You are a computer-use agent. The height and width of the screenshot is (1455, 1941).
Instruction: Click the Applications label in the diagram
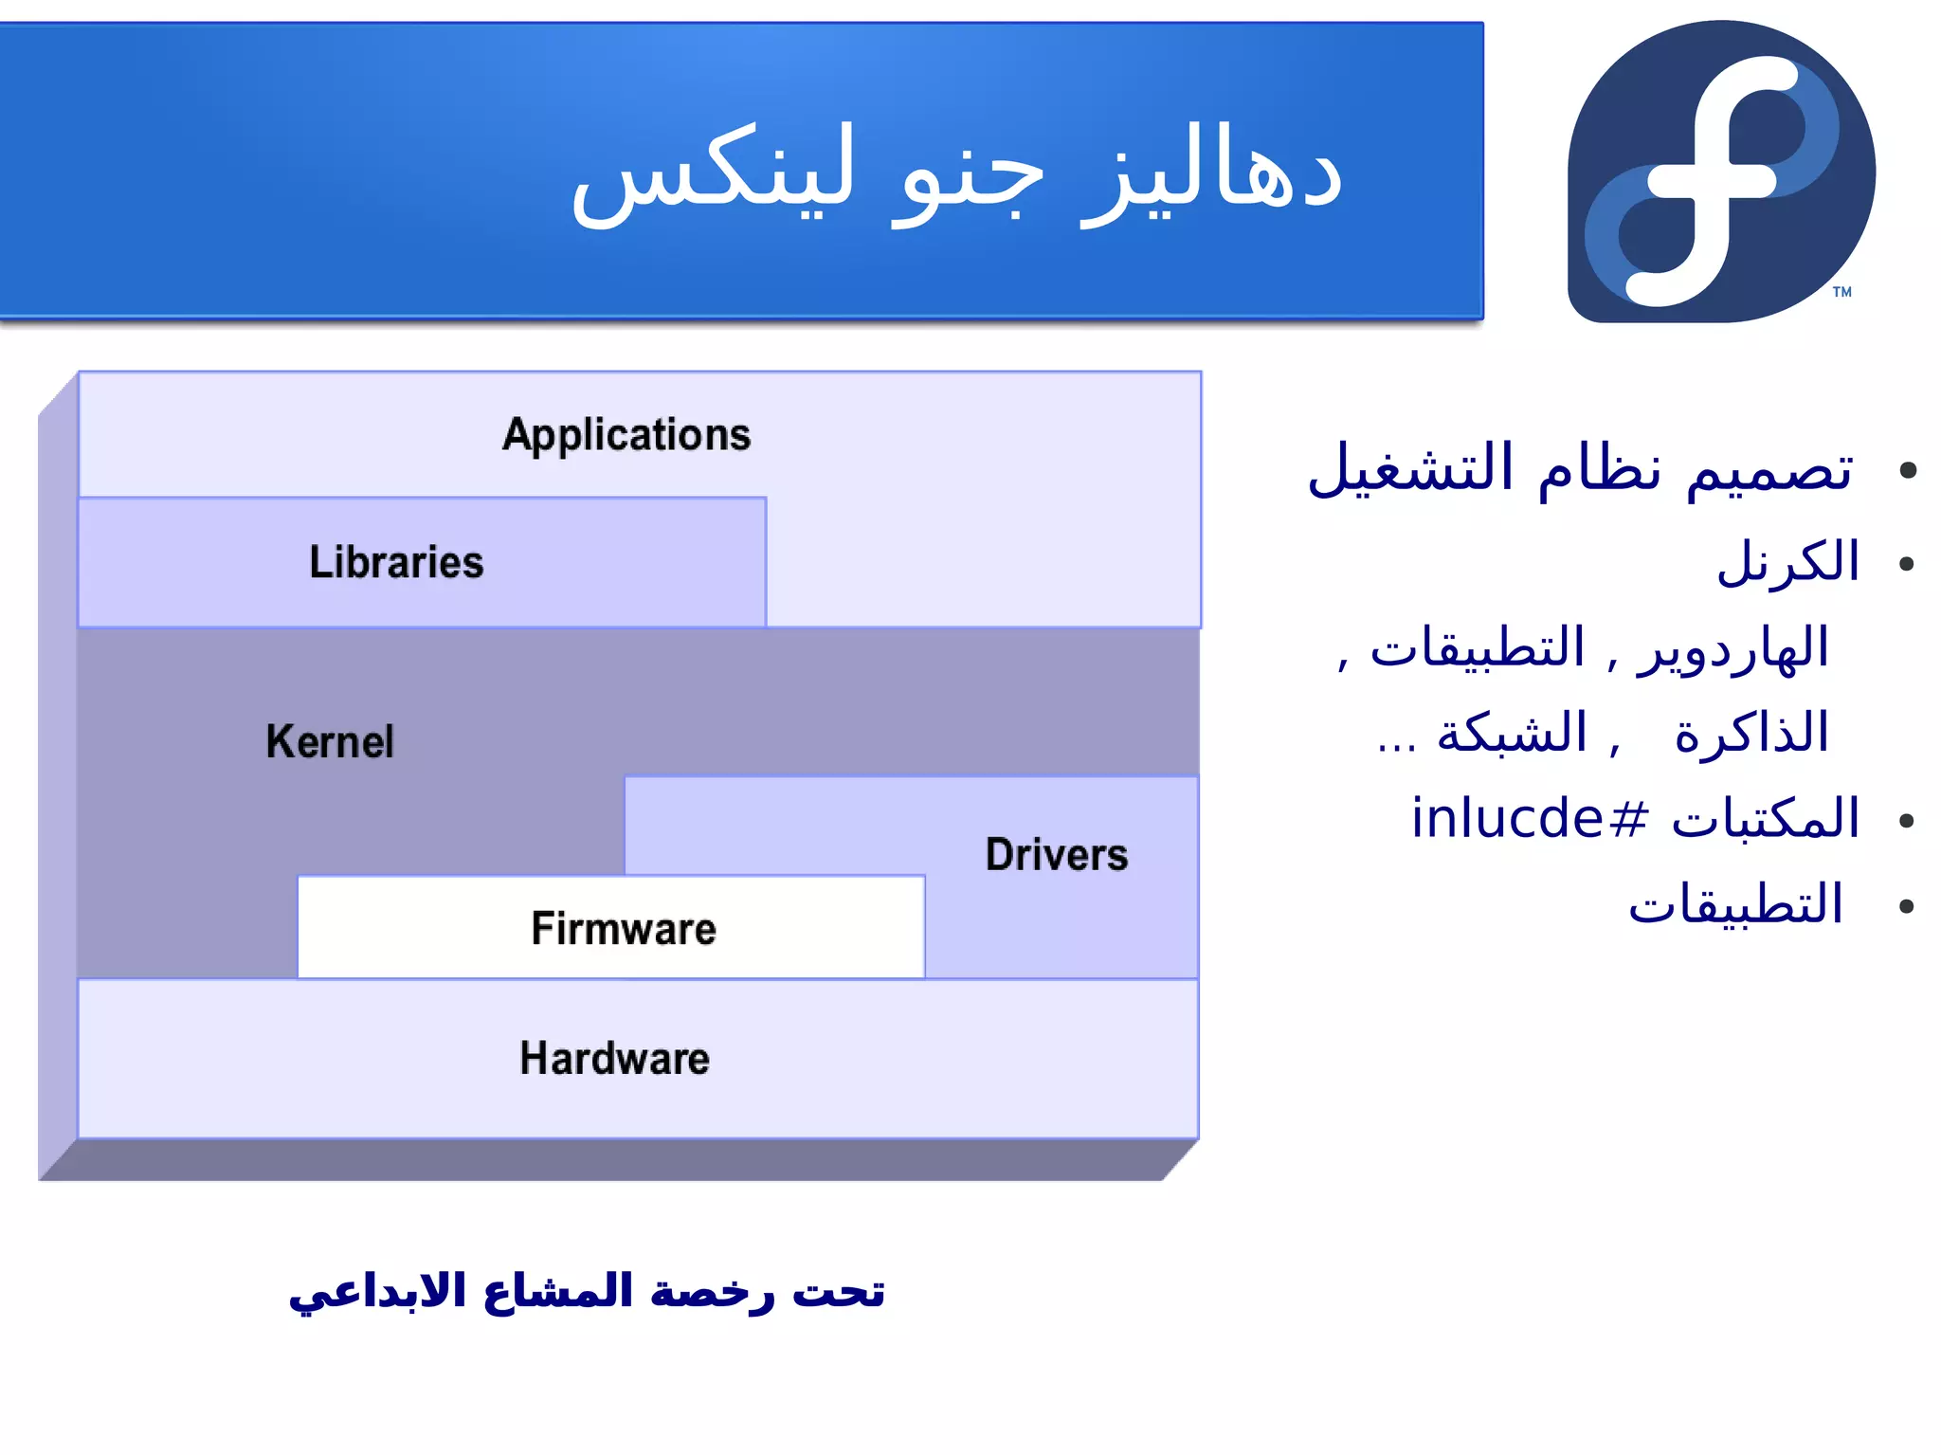tap(626, 435)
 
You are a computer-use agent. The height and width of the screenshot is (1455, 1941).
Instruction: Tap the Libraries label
tap(396, 562)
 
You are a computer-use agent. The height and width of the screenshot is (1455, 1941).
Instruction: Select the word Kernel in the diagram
tap(330, 741)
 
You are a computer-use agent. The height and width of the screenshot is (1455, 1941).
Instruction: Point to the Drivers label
tap(1057, 854)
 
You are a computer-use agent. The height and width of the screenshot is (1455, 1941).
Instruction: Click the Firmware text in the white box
tap(624, 928)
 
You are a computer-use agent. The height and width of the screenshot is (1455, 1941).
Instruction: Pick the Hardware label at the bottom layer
tap(614, 1058)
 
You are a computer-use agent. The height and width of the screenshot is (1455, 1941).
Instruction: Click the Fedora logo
tap(1720, 173)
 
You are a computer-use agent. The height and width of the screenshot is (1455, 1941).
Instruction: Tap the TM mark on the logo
tap(1841, 292)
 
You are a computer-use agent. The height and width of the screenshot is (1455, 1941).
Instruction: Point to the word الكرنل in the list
tap(1787, 562)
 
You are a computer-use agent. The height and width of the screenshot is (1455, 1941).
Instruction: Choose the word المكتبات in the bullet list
tap(1765, 818)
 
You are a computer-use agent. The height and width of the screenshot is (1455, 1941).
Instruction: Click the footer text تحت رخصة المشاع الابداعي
tap(587, 1292)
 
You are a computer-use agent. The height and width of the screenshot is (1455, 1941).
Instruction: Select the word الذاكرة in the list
tap(1751, 734)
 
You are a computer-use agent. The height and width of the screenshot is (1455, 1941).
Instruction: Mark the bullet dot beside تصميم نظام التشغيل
tap(1908, 470)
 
